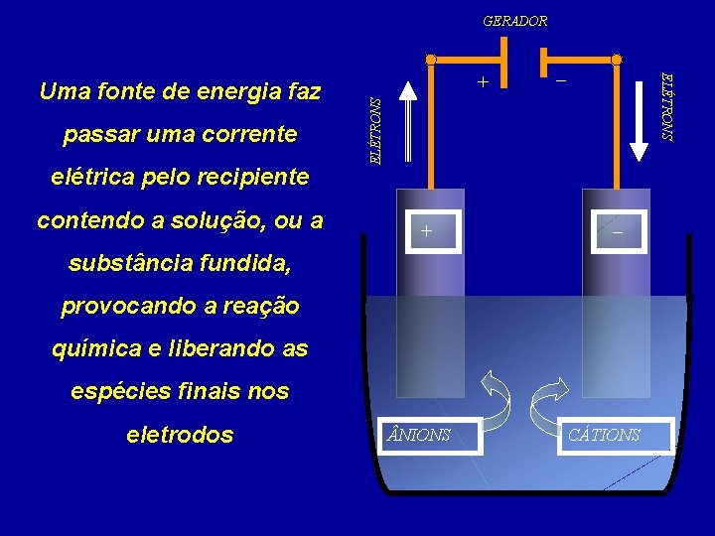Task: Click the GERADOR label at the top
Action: coord(514,20)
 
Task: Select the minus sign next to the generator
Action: coord(561,79)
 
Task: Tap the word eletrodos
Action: coord(180,435)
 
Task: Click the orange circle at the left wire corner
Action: coord(431,61)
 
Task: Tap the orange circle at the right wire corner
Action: coord(617,61)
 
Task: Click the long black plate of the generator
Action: coord(504,59)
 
